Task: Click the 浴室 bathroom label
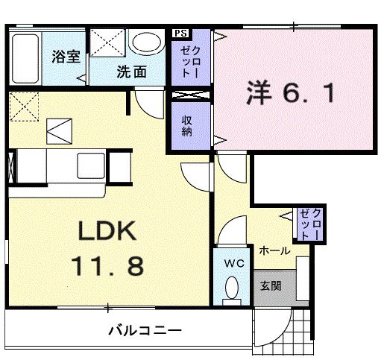(66, 57)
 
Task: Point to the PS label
(180, 33)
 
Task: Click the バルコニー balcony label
(144, 329)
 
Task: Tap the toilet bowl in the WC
(232, 288)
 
